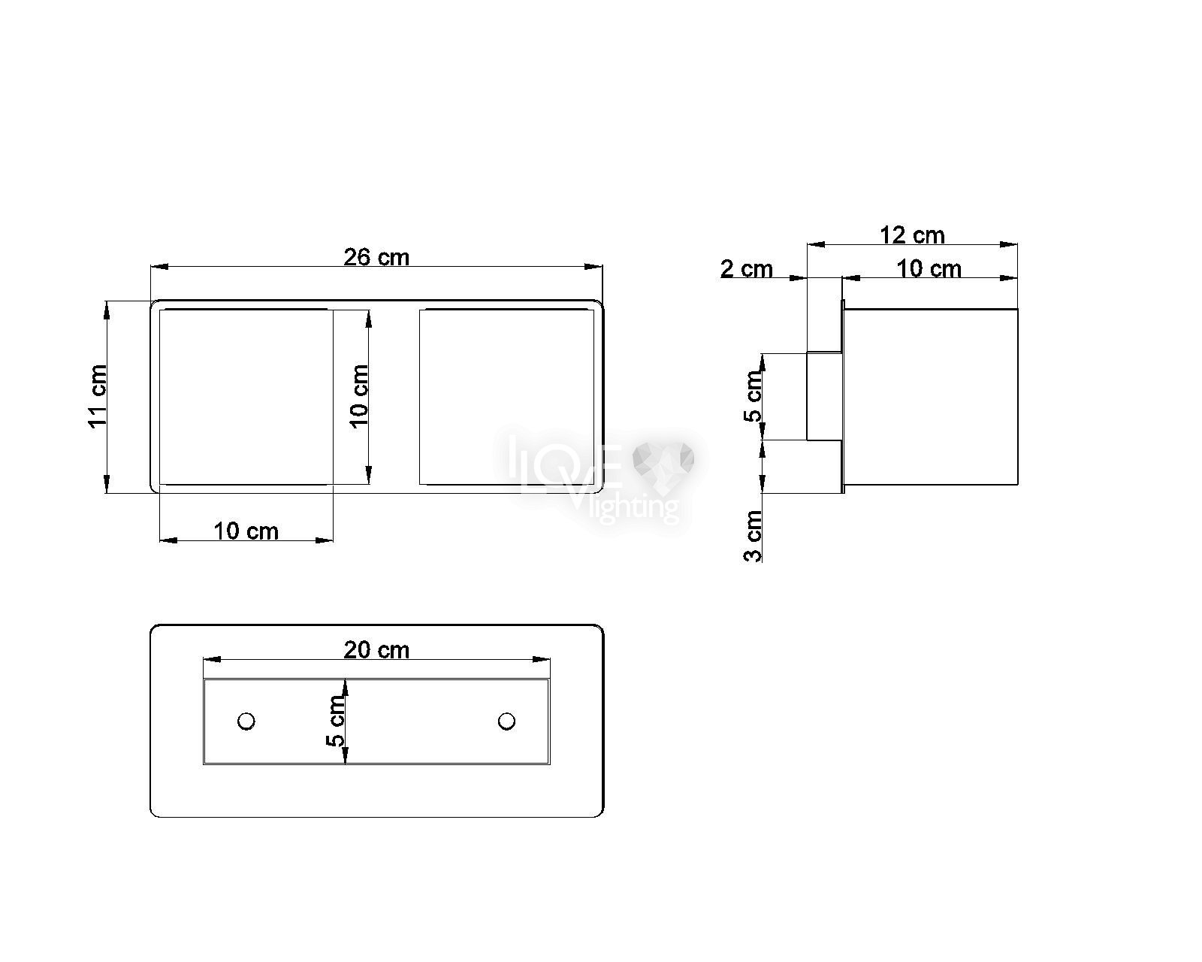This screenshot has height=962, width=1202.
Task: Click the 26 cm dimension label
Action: pyautogui.click(x=376, y=257)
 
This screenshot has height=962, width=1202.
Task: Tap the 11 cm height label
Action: pyautogui.click(x=97, y=396)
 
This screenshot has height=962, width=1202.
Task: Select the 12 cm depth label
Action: pyautogui.click(x=911, y=234)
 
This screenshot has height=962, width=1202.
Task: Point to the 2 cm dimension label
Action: pyautogui.click(x=746, y=269)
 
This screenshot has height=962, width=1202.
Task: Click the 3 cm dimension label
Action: pyautogui.click(x=753, y=536)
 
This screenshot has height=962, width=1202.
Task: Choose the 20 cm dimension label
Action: pyautogui.click(x=376, y=649)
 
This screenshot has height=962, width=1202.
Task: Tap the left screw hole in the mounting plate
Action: pyautogui.click(x=246, y=721)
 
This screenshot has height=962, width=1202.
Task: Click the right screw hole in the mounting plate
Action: pyautogui.click(x=506, y=721)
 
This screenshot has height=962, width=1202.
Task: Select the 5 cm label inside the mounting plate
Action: pyautogui.click(x=335, y=721)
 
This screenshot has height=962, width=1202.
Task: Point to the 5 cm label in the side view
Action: pyautogui.click(x=753, y=396)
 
